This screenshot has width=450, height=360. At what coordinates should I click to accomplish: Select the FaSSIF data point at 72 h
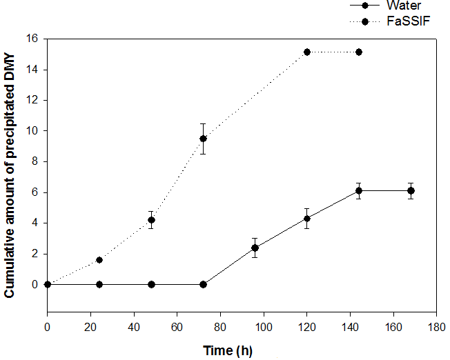(203, 139)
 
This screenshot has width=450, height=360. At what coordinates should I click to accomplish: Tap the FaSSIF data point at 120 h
(307, 52)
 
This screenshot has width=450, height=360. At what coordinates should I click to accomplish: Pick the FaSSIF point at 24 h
(99, 260)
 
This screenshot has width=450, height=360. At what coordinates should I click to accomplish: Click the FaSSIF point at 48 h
(151, 220)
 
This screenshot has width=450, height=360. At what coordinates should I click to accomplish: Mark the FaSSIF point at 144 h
(359, 52)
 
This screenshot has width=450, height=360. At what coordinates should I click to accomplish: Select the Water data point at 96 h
(255, 248)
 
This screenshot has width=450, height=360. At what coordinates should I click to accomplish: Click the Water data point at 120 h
(307, 219)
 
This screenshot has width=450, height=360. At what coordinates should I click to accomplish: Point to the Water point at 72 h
(203, 284)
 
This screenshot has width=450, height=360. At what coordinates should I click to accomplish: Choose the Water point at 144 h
(359, 191)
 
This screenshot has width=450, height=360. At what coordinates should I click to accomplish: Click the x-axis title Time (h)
(228, 350)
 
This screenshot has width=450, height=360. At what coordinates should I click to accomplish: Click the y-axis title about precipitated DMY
(10, 176)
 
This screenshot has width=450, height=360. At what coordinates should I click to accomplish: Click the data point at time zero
(48, 284)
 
